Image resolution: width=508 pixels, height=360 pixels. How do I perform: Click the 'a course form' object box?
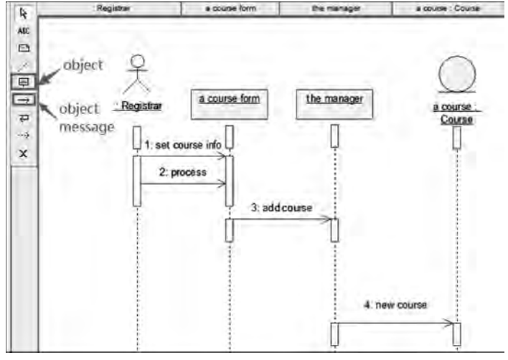click(x=229, y=102)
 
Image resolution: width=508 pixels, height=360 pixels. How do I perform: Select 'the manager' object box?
click(x=334, y=102)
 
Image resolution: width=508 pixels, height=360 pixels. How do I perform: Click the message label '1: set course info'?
click(x=183, y=144)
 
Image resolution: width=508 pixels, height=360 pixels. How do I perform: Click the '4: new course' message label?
click(x=395, y=305)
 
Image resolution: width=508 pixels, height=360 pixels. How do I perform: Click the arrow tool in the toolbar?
click(x=22, y=13)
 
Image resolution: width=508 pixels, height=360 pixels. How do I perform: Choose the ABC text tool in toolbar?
click(x=22, y=31)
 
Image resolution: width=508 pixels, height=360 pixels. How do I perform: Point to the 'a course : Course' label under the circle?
click(x=456, y=113)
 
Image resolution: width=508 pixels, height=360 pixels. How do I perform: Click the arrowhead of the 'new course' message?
click(x=450, y=323)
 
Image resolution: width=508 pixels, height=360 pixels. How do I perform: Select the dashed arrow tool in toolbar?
click(x=22, y=136)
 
